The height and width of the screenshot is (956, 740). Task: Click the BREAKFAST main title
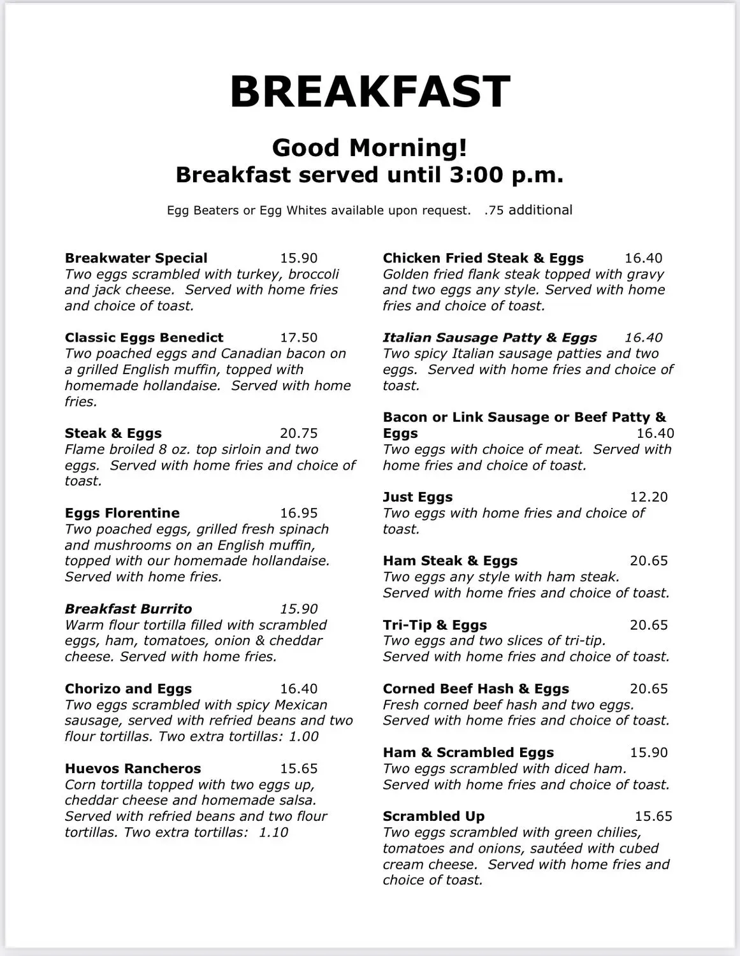coord(370,91)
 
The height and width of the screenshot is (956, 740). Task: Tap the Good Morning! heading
coord(370,148)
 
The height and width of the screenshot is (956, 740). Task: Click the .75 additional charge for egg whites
coord(528,210)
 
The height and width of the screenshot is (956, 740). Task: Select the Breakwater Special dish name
coord(136,258)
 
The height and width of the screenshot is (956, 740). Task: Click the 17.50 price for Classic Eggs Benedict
coord(298,338)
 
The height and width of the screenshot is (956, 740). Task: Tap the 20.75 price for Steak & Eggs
coord(298,433)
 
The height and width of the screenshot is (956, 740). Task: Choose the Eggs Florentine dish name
coord(122,513)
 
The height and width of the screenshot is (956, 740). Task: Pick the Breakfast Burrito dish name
coord(128,609)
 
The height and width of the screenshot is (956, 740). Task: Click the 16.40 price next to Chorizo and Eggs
coord(298,689)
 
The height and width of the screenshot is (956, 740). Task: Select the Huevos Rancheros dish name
coord(133,769)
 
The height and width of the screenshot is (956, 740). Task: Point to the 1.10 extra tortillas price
coord(273,832)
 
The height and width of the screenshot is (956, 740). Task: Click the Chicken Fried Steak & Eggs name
coord(483,258)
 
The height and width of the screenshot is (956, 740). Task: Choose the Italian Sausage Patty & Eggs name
coord(490,338)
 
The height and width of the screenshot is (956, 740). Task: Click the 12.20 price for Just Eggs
coord(648,497)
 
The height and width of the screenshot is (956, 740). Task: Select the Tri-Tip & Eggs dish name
coord(435,625)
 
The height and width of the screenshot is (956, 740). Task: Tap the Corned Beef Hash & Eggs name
coord(475,689)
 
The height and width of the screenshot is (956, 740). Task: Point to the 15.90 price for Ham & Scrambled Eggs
coord(648,753)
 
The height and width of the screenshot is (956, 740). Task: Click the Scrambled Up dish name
coord(433,816)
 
